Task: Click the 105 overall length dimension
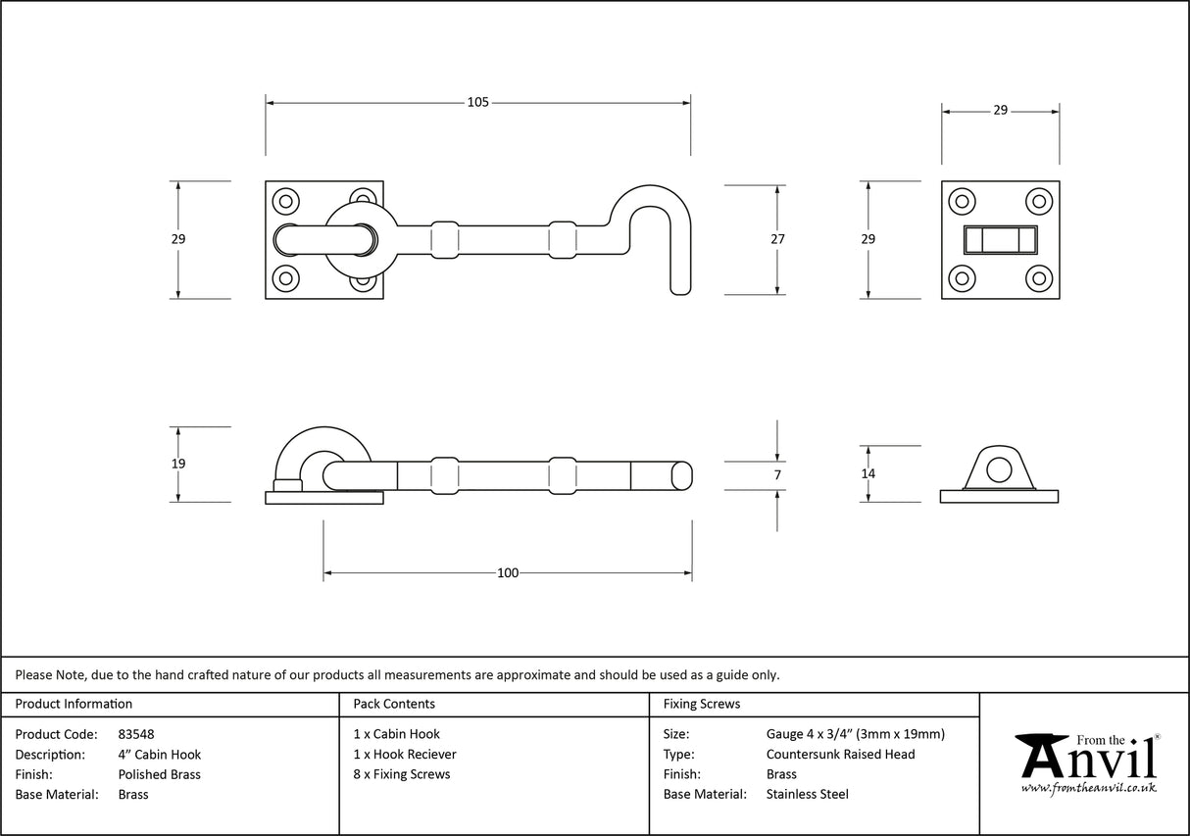click(x=477, y=102)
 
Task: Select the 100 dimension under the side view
click(x=507, y=573)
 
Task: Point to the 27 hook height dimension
click(x=777, y=238)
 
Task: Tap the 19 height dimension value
click(x=177, y=464)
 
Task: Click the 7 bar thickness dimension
click(x=777, y=475)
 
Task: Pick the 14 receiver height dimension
click(x=868, y=473)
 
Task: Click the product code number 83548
click(x=135, y=734)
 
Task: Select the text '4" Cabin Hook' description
click(x=159, y=755)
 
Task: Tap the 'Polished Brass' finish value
click(x=159, y=774)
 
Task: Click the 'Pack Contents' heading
click(x=393, y=704)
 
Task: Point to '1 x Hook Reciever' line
click(x=404, y=755)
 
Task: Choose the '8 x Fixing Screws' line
click(x=401, y=774)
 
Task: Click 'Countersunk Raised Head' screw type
click(x=840, y=755)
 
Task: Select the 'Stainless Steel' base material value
click(x=807, y=795)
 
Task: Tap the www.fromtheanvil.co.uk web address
click(x=1088, y=788)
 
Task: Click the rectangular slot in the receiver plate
click(x=1000, y=239)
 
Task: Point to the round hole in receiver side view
click(x=999, y=469)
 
